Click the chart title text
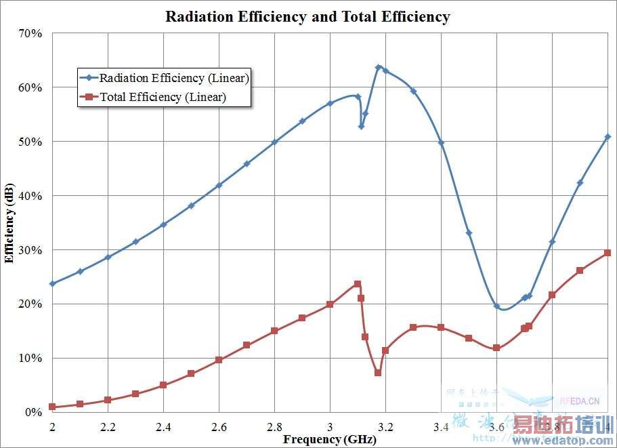pyautogui.click(x=307, y=17)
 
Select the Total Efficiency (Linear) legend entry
pyautogui.click(x=163, y=97)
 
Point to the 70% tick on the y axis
pyautogui.click(x=31, y=33)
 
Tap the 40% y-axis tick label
pyautogui.click(x=31, y=196)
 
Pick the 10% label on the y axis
pyautogui.click(x=31, y=358)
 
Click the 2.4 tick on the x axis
pyautogui.click(x=163, y=427)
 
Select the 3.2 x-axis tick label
pyautogui.click(x=385, y=427)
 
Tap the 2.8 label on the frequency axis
pyautogui.click(x=274, y=427)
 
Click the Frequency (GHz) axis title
pyautogui.click(x=321, y=439)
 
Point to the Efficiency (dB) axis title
pyautogui.click(x=9, y=222)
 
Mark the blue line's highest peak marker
pyautogui.click(x=379, y=67)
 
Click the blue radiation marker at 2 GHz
pyautogui.click(x=52, y=283)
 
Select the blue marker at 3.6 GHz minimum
pyautogui.click(x=496, y=306)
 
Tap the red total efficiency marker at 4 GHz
pyautogui.click(x=608, y=253)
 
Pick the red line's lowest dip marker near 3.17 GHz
pyautogui.click(x=378, y=373)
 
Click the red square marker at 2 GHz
pyautogui.click(x=52, y=407)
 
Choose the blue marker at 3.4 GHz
pyautogui.click(x=441, y=143)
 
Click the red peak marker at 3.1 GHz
pyautogui.click(x=358, y=284)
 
